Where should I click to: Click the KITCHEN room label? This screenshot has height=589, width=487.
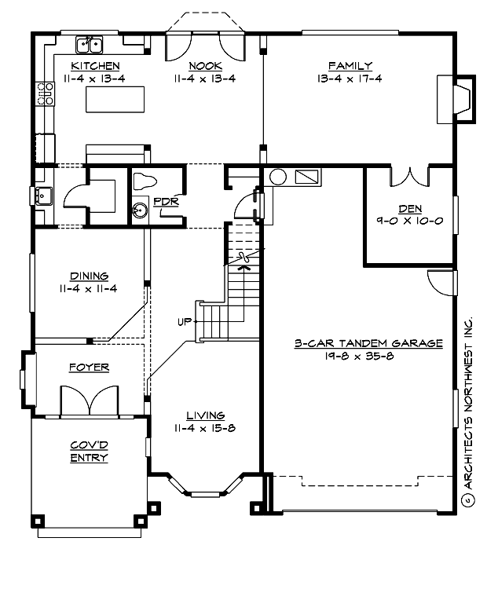coord(95,66)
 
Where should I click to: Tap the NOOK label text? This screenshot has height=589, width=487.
coord(204,66)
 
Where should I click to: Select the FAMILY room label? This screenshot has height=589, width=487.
coord(350,66)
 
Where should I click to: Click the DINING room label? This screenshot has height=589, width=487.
coord(89,276)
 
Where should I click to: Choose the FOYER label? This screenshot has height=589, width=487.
coord(89,367)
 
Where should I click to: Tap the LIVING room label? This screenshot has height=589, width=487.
coord(206,415)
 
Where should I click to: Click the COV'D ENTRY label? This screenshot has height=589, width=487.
coord(89,452)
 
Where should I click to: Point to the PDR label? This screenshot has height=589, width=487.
coord(166,201)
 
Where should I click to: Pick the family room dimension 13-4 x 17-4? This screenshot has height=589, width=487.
coord(350,79)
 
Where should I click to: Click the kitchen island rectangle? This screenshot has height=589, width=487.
coord(116,101)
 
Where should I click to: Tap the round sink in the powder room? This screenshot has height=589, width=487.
coord(141,210)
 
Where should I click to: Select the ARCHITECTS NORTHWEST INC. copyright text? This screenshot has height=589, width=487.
coord(469,408)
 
